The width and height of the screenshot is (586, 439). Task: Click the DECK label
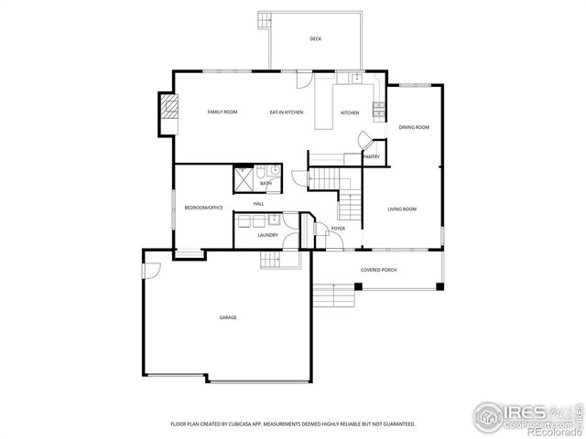316,38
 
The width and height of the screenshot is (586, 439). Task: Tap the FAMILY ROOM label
222,112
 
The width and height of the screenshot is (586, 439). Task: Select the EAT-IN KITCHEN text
287,112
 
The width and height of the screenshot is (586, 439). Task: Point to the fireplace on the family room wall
167,112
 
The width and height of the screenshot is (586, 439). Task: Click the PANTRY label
372,156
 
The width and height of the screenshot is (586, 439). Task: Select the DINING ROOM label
414,127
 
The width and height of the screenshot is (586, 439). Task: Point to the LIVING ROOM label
402,209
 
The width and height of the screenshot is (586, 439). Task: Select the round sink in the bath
275,170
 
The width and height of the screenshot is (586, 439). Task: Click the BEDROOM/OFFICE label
203,208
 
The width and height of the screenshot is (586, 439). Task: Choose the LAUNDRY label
267,235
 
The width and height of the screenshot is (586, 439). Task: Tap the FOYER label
338,229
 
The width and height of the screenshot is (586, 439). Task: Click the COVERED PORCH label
378,270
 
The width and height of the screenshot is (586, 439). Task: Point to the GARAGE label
227,317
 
